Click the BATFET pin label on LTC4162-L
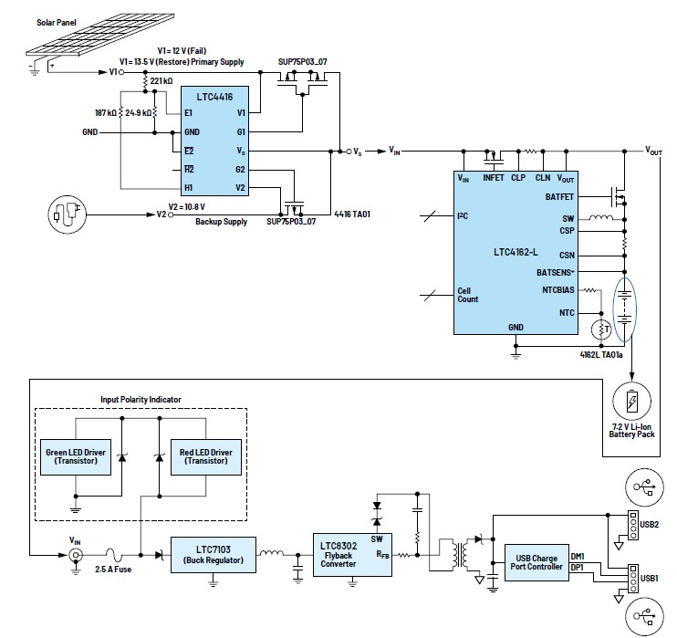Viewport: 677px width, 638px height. (559, 196)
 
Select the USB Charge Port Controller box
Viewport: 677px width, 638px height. (536, 561)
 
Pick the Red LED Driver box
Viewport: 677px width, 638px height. (206, 456)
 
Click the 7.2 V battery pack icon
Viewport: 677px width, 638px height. (632, 402)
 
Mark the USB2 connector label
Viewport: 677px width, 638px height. (649, 525)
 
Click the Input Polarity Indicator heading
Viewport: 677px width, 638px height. (141, 400)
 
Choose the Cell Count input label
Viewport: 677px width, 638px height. (466, 296)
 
